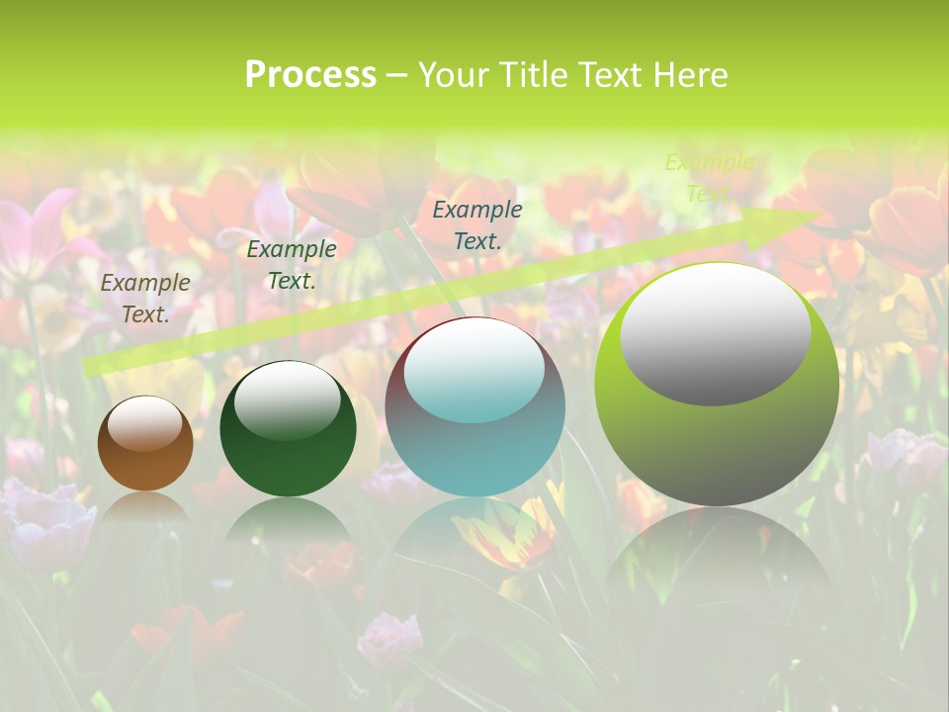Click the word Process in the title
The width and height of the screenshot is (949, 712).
(x=310, y=75)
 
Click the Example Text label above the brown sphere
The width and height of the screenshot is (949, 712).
(x=145, y=299)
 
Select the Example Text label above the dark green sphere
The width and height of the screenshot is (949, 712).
(x=292, y=265)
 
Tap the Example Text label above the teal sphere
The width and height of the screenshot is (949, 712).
(x=477, y=224)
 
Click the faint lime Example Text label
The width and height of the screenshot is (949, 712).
(x=709, y=178)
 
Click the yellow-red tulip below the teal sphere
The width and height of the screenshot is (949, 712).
(x=509, y=539)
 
